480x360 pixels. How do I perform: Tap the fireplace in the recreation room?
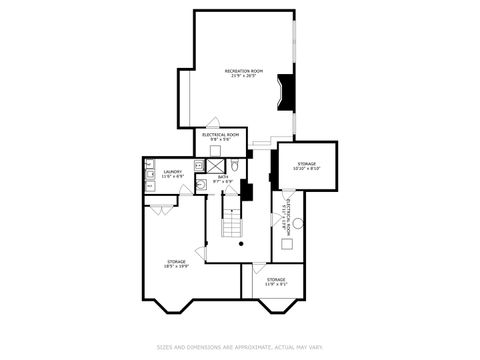coord(288,91)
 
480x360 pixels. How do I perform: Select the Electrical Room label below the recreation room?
coord(220,136)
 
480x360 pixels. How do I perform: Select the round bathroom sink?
coord(200,184)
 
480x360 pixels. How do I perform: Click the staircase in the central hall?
coord(231,222)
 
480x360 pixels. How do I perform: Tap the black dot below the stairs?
coord(242,244)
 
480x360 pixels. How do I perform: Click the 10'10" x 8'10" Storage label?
coord(306,167)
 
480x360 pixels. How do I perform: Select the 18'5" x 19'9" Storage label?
coord(175,264)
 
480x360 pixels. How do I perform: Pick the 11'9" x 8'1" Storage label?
coord(275,281)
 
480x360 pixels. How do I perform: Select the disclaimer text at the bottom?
coord(239,348)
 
